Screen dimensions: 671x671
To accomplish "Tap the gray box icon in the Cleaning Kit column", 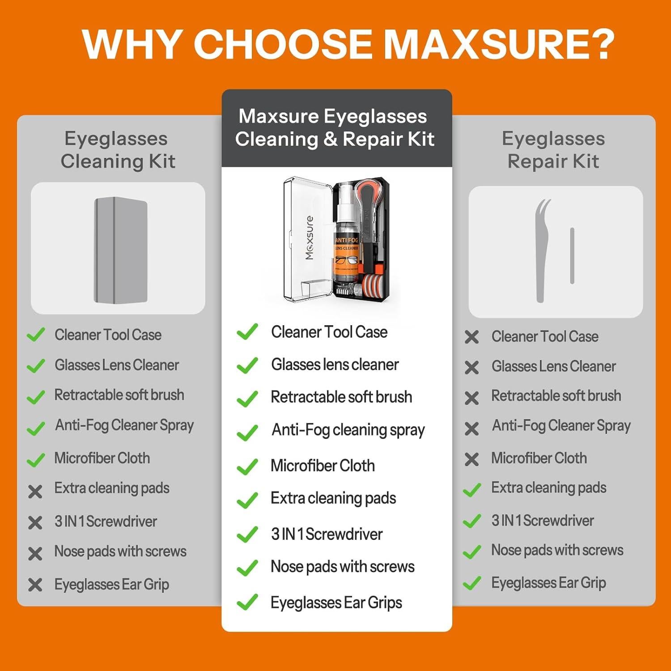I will [120, 250].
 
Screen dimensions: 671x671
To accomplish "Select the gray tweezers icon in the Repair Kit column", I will [542, 251].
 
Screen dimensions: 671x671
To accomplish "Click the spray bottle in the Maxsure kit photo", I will [346, 242].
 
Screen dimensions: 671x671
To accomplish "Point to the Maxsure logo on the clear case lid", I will [309, 238].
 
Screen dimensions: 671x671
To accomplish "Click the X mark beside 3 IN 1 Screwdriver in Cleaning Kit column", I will [35, 522].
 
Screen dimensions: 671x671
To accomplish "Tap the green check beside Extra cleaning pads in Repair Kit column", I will [472, 489].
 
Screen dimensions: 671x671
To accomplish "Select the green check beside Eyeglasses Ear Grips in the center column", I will [247, 602].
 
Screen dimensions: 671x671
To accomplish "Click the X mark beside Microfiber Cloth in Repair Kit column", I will [471, 459].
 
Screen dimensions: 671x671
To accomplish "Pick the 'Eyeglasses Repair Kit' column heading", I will [553, 150].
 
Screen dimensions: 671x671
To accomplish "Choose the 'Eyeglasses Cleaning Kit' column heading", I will [117, 150].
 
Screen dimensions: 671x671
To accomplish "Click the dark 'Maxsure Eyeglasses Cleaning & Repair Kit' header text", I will [335, 127].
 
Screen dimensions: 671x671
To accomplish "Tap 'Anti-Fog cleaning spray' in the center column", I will [348, 430].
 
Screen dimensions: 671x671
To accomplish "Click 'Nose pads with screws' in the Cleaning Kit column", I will [120, 551].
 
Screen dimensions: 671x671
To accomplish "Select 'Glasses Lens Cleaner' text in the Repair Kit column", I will [553, 366].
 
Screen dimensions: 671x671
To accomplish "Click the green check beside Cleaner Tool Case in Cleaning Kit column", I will [35, 335].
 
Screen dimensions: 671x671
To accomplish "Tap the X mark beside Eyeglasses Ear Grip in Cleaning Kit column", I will [35, 585].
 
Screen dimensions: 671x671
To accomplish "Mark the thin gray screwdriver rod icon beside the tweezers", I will [572, 255].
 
